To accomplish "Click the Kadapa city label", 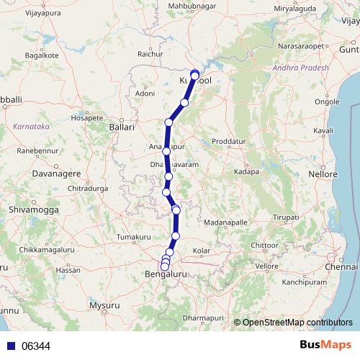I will coord(247,174).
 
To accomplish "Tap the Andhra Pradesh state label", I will coord(300,68).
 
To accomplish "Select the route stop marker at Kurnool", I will coord(194,74).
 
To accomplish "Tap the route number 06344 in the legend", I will coord(36,346).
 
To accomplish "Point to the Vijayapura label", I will coord(24,12).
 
